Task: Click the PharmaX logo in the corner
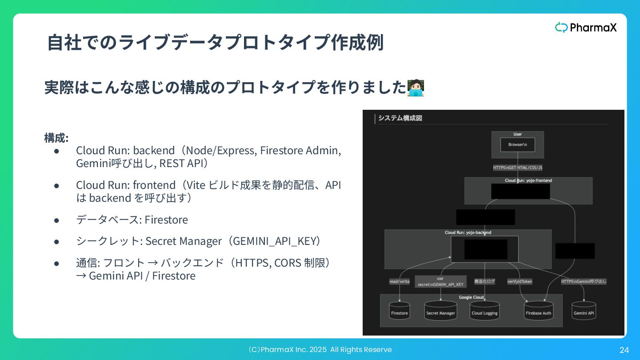tap(586, 28)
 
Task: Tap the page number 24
tap(624, 350)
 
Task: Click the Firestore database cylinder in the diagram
tap(399, 312)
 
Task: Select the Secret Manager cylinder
tap(440, 312)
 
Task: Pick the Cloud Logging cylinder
tap(484, 312)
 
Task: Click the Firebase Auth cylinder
tap(538, 312)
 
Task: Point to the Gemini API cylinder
tap(584, 312)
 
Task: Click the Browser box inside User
tap(517, 145)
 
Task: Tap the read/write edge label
tap(399, 281)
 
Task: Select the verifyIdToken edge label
tap(520, 281)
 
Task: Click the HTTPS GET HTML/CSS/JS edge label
tap(517, 168)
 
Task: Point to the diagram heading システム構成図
tap(400, 118)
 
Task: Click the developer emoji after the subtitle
tap(416, 88)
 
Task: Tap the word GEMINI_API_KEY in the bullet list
tap(274, 241)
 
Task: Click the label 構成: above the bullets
tap(56, 138)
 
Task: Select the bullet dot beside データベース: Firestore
tap(56, 220)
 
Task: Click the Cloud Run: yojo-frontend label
tap(528, 180)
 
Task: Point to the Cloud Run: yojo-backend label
tap(468, 232)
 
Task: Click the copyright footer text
tap(320, 350)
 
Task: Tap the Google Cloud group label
tap(471, 297)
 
